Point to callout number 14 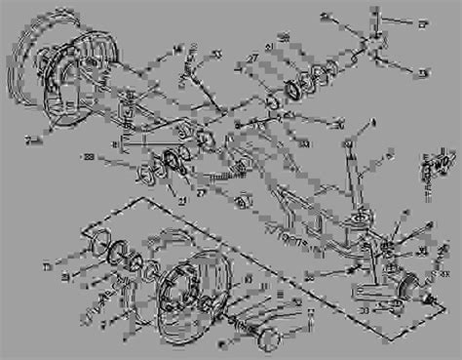(x=177, y=47)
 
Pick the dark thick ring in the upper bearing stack (x=289, y=93)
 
